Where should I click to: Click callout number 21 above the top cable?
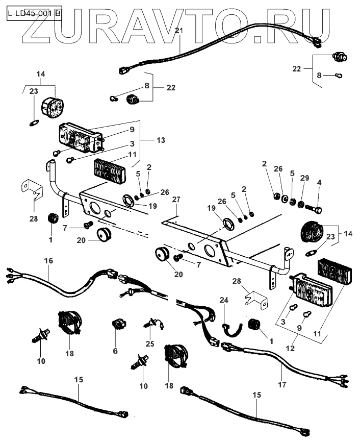(178, 31)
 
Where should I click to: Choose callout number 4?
(319, 182)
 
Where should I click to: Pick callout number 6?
(115, 351)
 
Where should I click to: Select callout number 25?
(149, 345)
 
